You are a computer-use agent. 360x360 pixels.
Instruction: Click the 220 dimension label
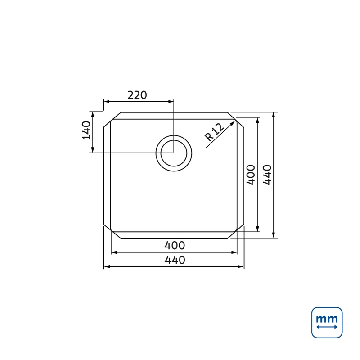(137, 95)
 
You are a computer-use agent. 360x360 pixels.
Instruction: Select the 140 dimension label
(86, 130)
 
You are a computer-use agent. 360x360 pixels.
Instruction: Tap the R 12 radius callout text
(214, 132)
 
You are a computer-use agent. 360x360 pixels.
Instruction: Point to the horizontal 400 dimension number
(175, 245)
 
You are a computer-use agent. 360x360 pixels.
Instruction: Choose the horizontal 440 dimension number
(175, 260)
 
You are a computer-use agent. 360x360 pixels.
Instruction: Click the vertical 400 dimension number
(251, 175)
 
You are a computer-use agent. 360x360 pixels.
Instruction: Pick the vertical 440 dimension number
(267, 175)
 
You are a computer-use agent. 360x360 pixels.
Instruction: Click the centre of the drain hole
(174, 153)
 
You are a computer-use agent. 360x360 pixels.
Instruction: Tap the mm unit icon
(327, 323)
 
